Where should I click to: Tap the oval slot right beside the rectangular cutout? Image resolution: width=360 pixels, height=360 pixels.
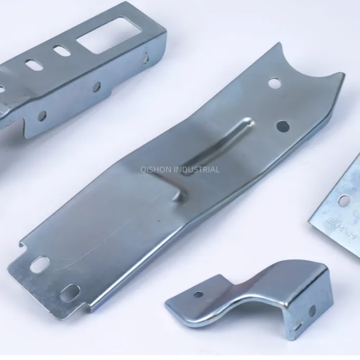62,51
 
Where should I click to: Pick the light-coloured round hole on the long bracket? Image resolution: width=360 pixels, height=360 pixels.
274,83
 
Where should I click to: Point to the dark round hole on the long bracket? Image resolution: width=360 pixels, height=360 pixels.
282,126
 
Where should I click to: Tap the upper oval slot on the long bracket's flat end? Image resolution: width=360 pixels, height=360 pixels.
40,264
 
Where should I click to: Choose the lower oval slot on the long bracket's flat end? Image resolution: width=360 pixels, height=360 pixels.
70,292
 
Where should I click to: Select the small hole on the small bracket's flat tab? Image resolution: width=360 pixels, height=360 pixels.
198,295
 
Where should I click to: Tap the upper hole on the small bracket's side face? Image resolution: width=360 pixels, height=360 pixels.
312,310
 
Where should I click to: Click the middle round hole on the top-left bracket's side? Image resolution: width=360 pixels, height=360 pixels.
97,87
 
